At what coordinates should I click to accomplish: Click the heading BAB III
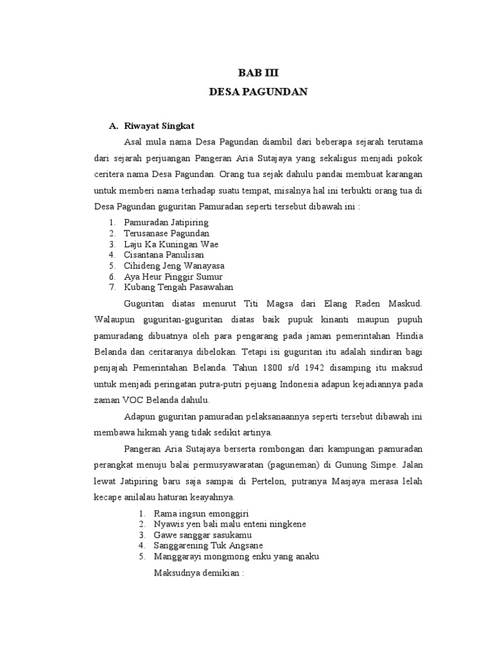coord(259,73)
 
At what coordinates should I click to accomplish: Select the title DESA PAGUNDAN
coord(259,92)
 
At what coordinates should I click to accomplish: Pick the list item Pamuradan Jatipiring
coord(157,222)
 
